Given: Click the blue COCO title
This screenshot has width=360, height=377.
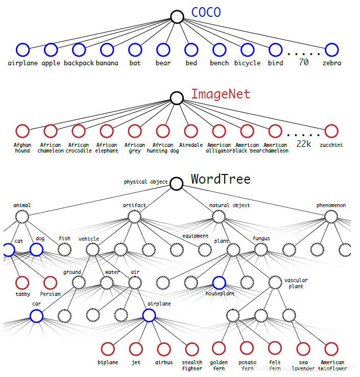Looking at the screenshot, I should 206,12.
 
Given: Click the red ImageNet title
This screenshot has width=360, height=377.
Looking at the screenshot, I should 221,94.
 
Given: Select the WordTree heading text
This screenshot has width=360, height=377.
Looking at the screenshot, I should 221,179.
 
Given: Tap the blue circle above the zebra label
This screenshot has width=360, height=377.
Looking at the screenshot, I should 331,49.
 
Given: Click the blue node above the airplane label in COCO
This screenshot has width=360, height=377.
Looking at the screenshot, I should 22,49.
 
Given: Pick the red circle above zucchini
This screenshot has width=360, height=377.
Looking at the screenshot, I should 331,131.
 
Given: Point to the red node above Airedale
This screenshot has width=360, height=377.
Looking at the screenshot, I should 191,131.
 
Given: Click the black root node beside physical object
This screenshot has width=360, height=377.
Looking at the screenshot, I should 177,184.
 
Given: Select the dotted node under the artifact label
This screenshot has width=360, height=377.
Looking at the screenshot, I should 134,217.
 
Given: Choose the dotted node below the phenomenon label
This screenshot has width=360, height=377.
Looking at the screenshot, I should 331,217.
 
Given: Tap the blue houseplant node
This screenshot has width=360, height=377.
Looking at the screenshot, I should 219,283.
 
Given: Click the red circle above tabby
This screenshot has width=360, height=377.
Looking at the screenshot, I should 22,283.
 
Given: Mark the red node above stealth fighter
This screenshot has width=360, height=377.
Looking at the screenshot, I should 191,349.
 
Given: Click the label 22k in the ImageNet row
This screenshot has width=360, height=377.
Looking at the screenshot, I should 303,144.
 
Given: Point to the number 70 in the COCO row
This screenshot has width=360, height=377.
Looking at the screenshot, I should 303,63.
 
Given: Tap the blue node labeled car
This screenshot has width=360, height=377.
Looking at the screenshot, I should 36,316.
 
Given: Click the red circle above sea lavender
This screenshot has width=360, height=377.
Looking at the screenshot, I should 303,349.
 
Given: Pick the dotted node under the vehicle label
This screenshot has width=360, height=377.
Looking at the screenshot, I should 92,249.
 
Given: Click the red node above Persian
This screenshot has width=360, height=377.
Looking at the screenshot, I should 50,283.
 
